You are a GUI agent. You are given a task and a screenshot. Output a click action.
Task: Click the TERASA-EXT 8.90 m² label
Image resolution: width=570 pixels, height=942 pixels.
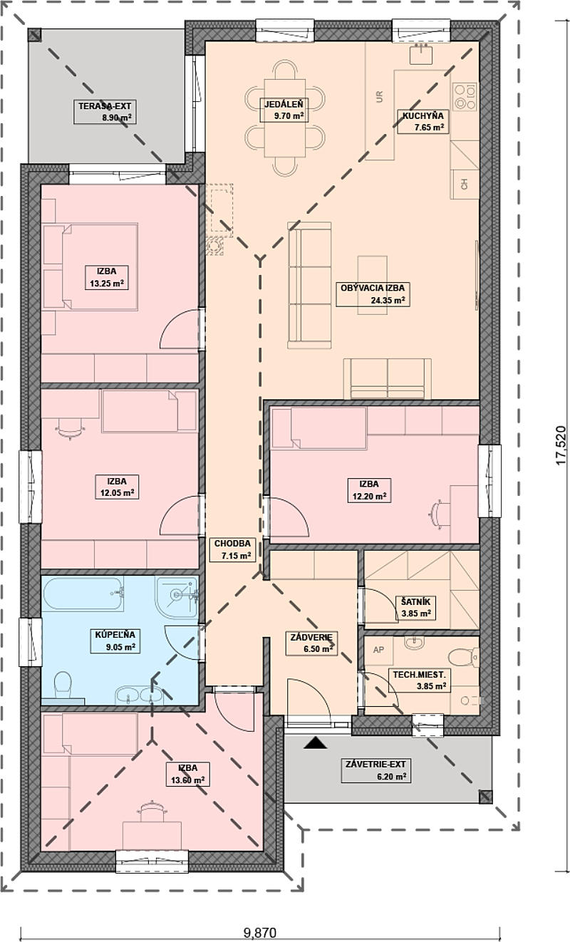(105, 112)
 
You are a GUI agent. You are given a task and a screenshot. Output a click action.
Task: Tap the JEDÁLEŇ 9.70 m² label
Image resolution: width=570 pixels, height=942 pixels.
(284, 109)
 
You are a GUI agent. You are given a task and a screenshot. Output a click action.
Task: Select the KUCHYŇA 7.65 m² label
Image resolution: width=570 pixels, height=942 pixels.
(423, 121)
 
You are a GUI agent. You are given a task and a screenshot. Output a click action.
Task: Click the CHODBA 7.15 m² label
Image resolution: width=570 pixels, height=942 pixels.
(232, 549)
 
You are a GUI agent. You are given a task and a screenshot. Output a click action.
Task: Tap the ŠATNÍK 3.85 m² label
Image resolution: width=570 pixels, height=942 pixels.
(415, 607)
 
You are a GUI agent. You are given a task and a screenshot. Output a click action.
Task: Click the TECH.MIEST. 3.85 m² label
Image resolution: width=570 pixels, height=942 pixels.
(419, 680)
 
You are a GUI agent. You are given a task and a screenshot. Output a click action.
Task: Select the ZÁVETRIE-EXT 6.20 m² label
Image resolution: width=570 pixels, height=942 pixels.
(375, 770)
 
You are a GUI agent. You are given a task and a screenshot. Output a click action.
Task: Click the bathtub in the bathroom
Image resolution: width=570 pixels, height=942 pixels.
(83, 594)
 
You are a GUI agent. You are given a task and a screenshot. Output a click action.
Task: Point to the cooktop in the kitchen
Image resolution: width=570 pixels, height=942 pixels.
(465, 96)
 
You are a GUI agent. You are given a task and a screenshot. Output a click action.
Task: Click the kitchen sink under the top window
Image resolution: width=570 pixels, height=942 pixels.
(421, 54)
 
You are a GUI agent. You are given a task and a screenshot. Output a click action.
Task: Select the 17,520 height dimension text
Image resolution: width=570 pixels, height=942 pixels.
(561, 444)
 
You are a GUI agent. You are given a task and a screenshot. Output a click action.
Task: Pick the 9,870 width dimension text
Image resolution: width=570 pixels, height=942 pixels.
(260, 932)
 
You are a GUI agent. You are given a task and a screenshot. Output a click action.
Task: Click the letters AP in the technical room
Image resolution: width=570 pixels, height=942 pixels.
(378, 650)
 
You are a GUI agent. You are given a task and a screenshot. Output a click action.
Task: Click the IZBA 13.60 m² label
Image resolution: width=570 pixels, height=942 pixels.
(187, 774)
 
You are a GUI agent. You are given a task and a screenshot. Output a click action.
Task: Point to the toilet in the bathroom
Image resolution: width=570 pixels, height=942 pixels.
(63, 685)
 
